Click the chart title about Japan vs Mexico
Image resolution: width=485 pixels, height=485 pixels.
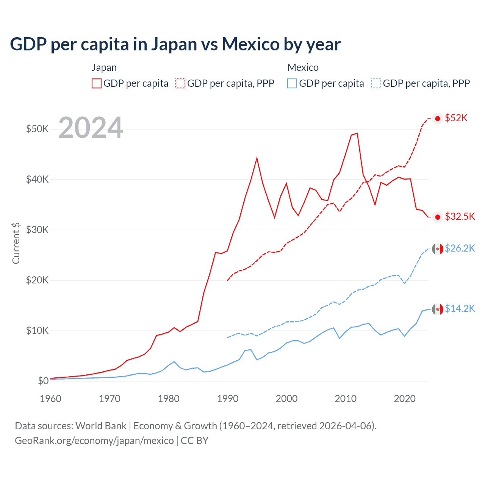175,44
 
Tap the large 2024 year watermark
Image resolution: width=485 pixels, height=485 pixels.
91,128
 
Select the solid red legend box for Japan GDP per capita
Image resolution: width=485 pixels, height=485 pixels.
97,83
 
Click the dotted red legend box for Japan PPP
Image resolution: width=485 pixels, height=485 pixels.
181,83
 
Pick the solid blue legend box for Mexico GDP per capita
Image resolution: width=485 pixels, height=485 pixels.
292,83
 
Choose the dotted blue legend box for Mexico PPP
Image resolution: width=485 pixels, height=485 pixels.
376,83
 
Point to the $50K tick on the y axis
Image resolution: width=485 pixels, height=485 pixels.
37,129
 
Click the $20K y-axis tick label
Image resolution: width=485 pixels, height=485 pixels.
37,280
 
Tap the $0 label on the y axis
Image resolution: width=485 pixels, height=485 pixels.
43,381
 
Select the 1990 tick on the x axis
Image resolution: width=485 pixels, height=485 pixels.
228,399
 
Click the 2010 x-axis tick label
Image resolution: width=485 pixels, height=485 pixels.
346,399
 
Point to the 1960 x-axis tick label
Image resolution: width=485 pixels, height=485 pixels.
50,399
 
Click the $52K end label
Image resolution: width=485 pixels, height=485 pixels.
456,118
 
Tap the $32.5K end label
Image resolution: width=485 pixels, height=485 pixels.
460,216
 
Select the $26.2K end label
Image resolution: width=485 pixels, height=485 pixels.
460,248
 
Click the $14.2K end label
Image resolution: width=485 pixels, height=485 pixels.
460,308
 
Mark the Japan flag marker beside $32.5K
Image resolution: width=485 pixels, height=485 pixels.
438,217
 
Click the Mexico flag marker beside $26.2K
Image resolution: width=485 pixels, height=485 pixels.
438,249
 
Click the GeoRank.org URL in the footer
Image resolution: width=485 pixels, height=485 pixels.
94,441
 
